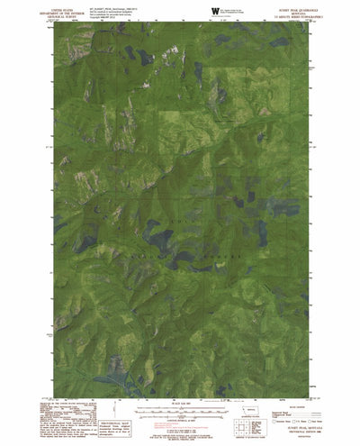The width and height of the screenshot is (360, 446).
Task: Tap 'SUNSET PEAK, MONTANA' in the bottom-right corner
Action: point(298,431)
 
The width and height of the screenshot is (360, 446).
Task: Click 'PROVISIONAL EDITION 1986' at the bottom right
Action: point(298,435)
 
